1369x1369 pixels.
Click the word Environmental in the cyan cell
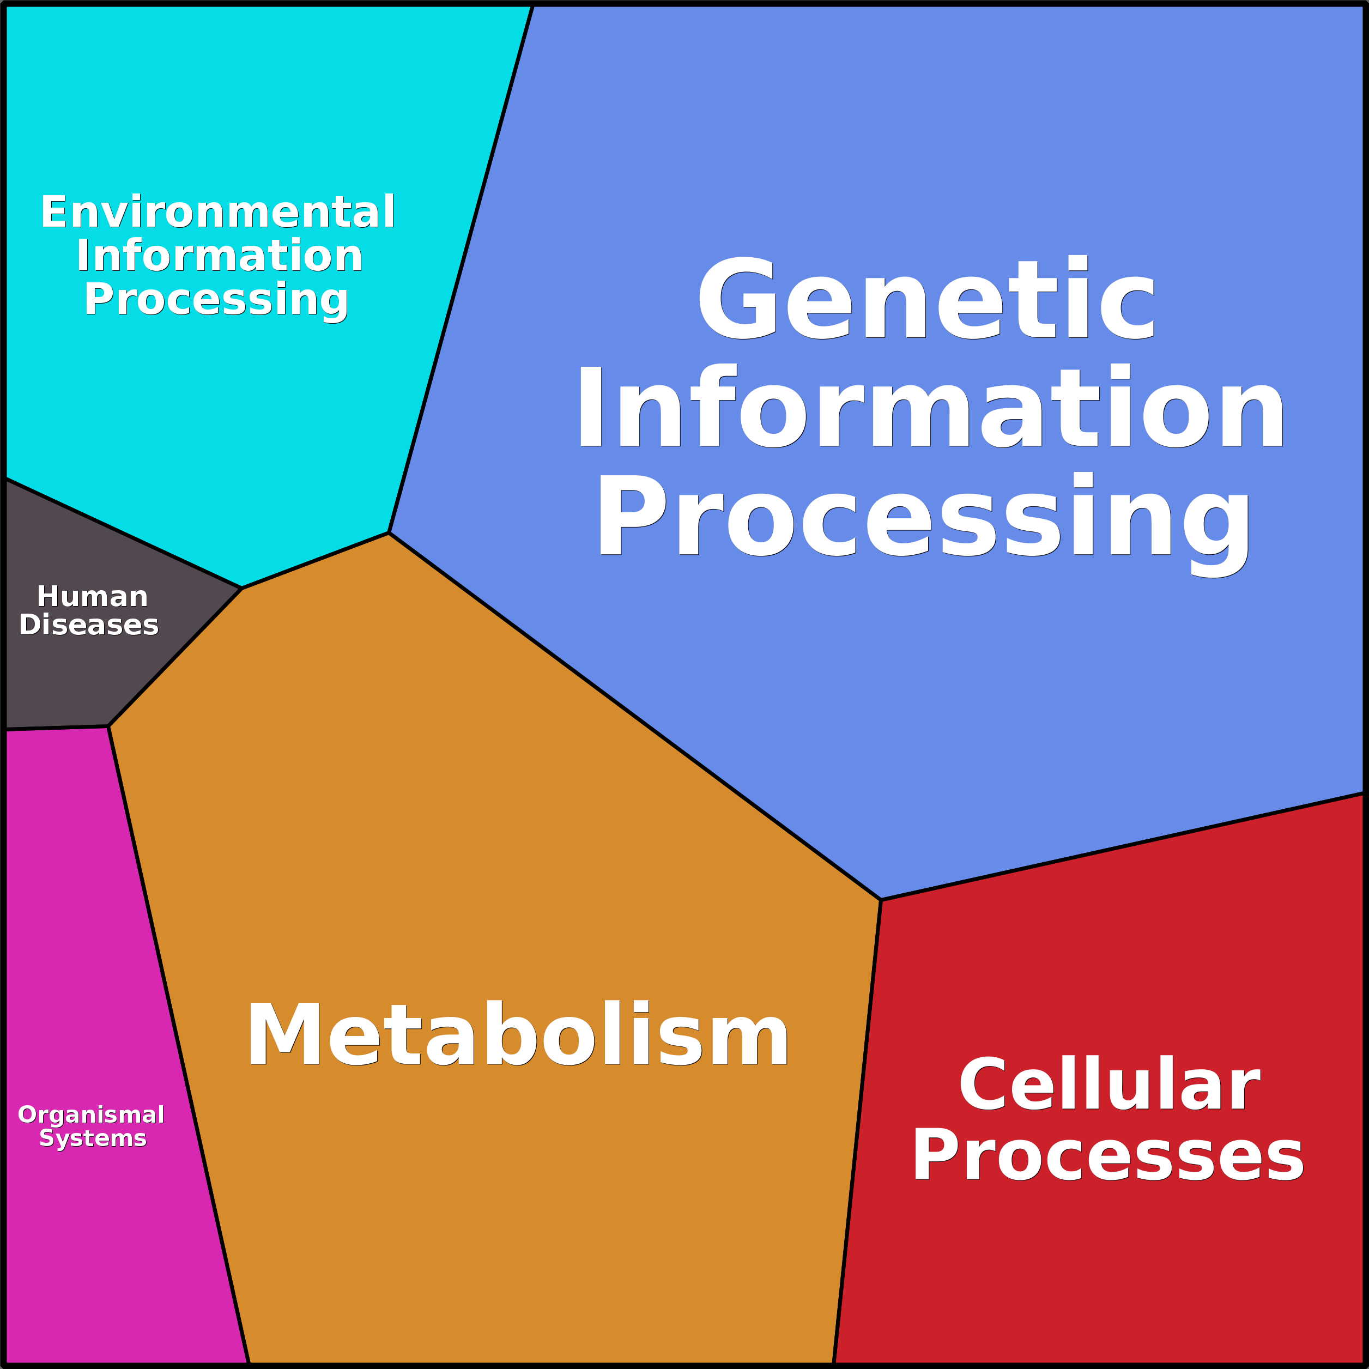tap(217, 212)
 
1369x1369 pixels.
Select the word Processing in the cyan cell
tap(216, 300)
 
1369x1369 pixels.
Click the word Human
tap(92, 597)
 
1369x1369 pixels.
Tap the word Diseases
tap(89, 625)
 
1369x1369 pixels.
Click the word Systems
tap(93, 1138)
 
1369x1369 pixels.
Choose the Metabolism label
tap(517, 1034)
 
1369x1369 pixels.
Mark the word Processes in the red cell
tap(1107, 1156)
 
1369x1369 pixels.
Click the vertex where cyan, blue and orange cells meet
tap(389, 533)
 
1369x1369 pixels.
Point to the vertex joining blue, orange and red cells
tap(881, 900)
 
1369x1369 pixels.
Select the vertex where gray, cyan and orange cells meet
tap(241, 588)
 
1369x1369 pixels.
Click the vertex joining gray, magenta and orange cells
tap(108, 726)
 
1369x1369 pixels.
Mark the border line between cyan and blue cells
tap(461, 269)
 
